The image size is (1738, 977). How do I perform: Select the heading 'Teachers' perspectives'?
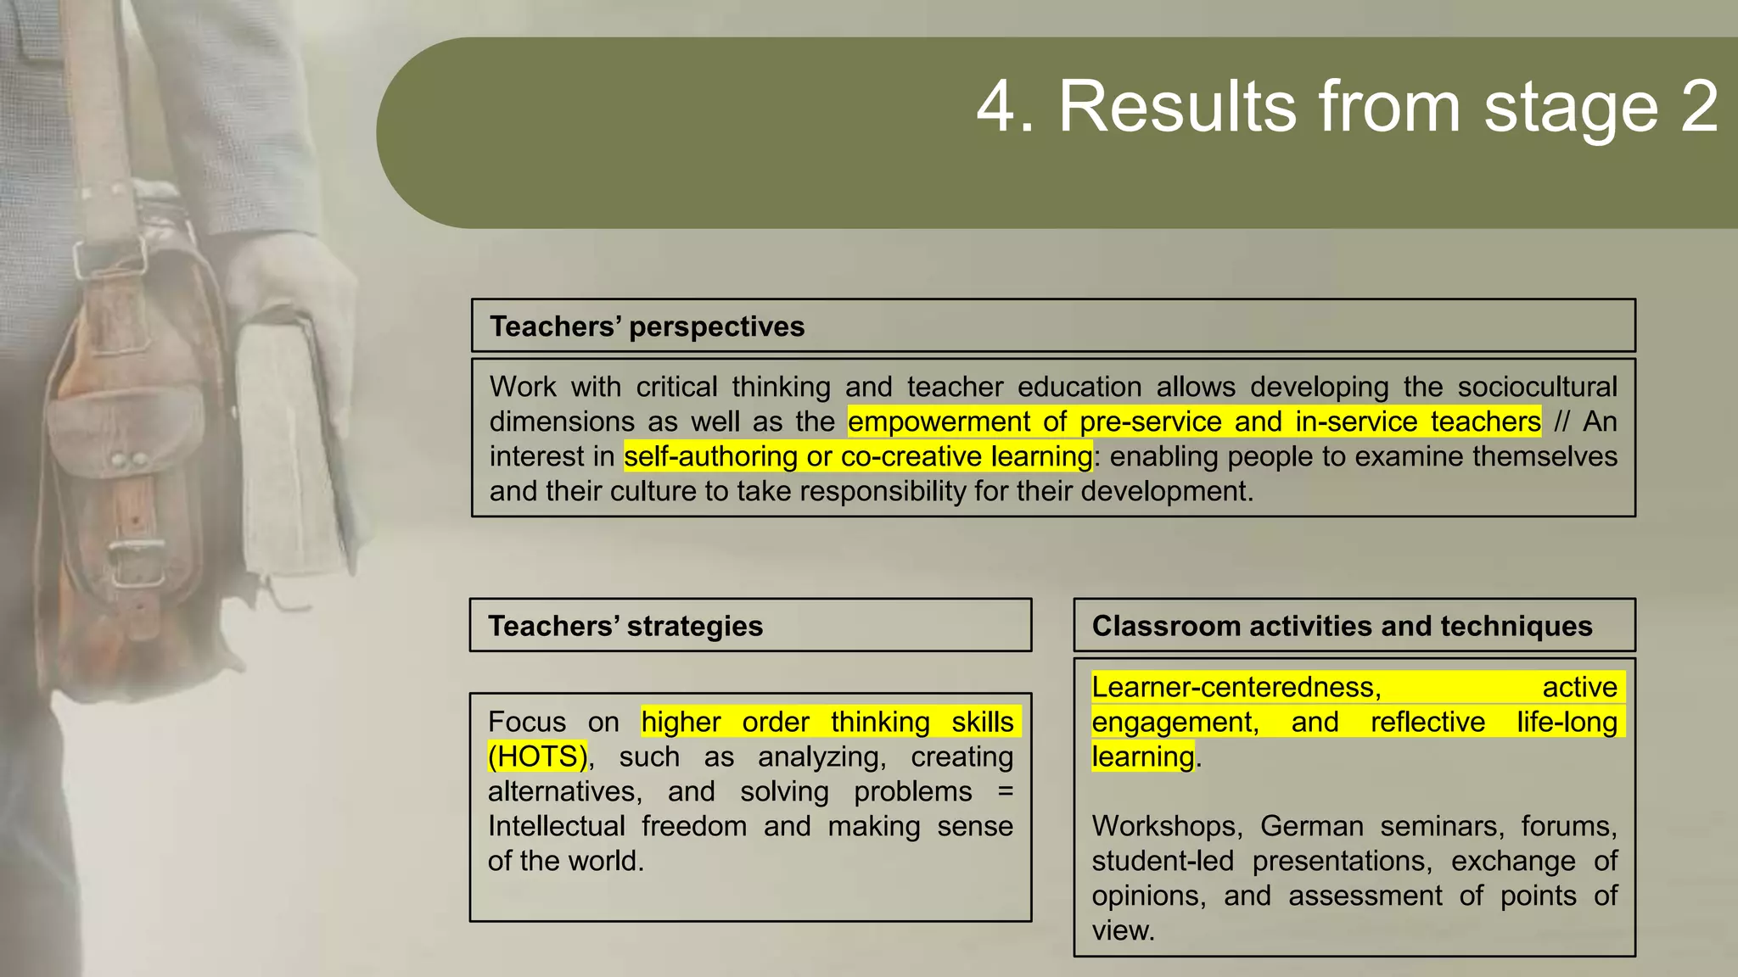(647, 327)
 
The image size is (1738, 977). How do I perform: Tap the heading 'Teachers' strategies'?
(625, 626)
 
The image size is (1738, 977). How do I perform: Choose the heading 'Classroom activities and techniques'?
(1342, 626)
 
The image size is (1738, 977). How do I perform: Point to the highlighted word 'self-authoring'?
(710, 456)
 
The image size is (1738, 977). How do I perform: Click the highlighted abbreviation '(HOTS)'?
(537, 756)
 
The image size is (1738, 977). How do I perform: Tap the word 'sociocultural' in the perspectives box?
(1537, 387)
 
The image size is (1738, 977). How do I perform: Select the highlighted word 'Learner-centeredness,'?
(1236, 687)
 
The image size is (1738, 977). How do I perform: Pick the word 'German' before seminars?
(1311, 826)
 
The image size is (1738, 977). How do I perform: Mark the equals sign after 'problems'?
(1005, 791)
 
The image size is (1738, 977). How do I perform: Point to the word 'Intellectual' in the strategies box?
(556, 826)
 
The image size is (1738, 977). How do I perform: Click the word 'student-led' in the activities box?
(1163, 861)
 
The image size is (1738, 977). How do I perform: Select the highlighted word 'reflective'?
(1427, 722)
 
